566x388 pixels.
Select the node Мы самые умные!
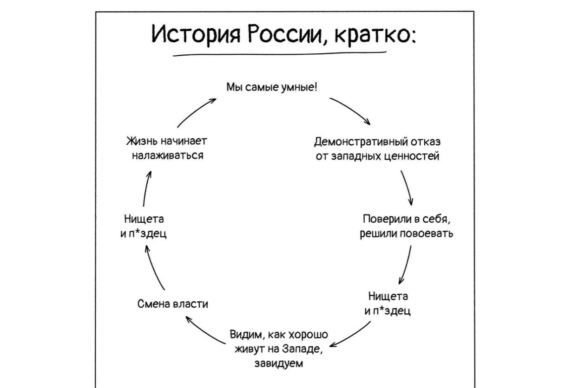272,87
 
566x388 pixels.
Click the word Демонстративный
355,141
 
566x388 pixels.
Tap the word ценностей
413,156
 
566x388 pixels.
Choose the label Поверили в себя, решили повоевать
407,226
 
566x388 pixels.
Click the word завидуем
279,363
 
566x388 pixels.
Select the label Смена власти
173,304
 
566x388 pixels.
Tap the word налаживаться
167,156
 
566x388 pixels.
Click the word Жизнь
138,141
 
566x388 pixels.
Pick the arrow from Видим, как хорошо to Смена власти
204,332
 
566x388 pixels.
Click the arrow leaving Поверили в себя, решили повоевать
406,265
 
